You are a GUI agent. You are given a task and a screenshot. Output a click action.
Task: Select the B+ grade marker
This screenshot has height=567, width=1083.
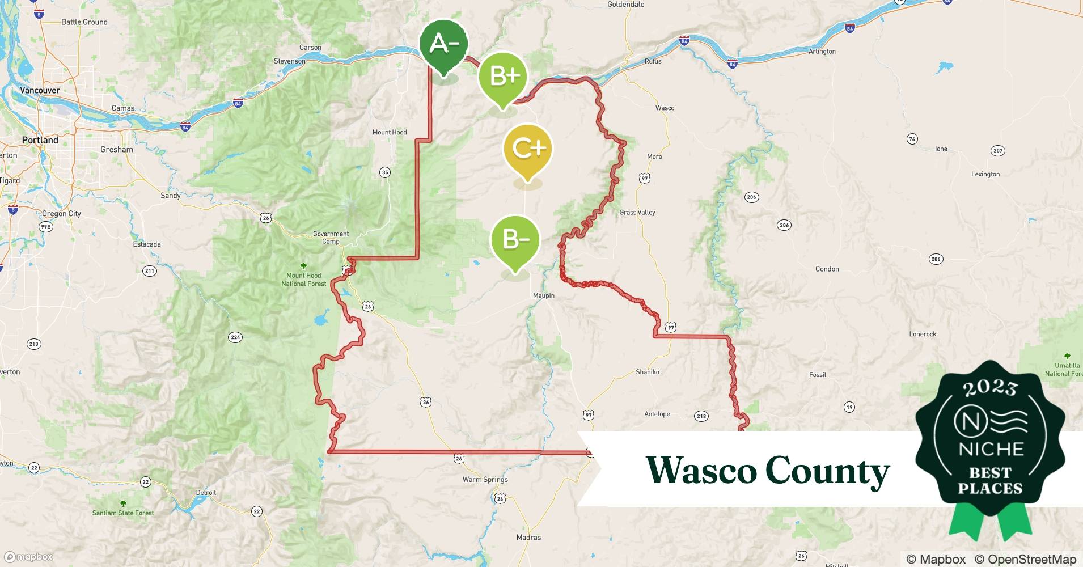(503, 77)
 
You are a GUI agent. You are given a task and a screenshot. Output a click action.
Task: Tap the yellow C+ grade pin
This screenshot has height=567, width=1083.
(528, 149)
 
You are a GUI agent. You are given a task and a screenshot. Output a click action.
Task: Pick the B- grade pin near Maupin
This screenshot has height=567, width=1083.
(515, 240)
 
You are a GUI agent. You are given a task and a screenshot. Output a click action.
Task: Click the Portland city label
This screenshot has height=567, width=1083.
(40, 140)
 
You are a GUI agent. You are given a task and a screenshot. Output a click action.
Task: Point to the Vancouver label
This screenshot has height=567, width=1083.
(40, 90)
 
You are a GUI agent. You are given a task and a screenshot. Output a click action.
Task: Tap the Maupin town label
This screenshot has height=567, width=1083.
(543, 295)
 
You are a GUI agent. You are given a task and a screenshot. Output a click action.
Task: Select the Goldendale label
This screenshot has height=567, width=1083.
(625, 5)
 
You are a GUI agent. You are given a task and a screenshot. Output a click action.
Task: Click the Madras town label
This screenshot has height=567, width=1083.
(528, 537)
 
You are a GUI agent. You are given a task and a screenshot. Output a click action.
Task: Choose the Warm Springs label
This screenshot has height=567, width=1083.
(485, 479)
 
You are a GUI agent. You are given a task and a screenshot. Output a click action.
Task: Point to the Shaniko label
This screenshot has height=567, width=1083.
(647, 372)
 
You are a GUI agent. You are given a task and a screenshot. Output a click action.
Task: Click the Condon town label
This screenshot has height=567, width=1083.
(827, 269)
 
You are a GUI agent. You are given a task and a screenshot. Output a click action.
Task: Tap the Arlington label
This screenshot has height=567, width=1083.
(822, 52)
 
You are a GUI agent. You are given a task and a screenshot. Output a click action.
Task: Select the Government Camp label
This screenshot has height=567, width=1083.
(331, 237)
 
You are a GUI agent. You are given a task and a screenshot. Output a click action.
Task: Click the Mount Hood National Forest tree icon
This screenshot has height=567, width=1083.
(303, 266)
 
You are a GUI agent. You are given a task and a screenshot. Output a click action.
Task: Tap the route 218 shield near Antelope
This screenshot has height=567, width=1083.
(701, 416)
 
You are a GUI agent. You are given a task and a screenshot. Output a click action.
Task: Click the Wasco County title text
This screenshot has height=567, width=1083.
(767, 471)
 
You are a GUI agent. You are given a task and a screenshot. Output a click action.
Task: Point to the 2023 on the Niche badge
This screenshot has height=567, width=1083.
(990, 388)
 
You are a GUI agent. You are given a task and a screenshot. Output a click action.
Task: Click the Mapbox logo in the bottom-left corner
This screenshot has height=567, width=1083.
(28, 557)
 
